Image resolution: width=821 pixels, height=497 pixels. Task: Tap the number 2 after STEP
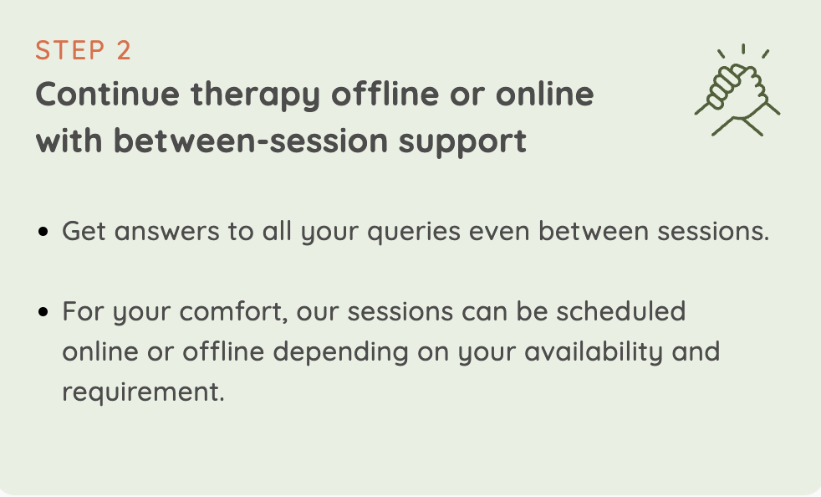point(124,50)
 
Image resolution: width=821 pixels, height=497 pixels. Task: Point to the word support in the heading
point(462,142)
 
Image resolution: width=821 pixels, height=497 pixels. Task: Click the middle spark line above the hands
point(743,49)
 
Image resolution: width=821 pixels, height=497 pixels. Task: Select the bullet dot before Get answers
point(43,232)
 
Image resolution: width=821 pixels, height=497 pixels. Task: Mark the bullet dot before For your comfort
point(43,312)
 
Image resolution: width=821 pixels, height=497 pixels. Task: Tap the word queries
point(414,233)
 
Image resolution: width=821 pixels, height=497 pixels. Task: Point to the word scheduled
point(621,311)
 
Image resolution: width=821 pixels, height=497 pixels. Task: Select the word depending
point(340,352)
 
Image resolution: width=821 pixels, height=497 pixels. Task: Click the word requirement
point(144,393)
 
